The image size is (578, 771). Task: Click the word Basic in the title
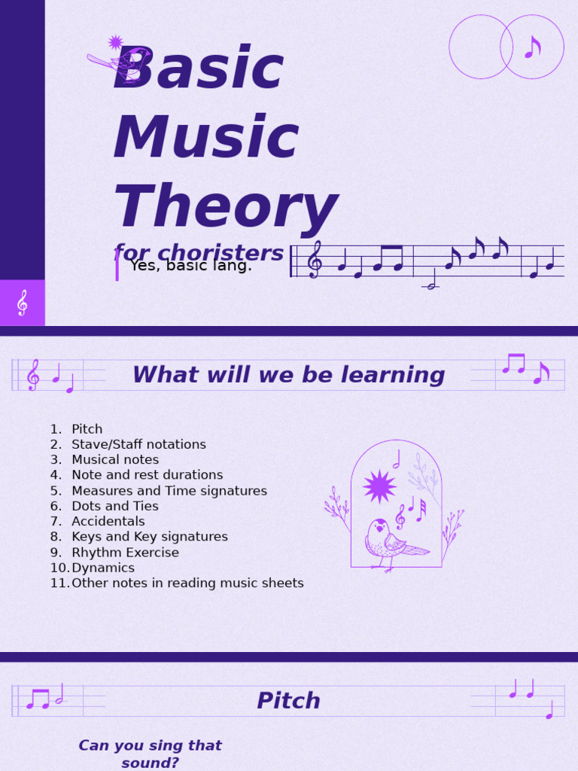coord(198,69)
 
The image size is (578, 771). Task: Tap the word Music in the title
coord(205,139)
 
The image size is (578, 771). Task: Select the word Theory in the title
coord(225,207)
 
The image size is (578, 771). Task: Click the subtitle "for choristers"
coord(199,253)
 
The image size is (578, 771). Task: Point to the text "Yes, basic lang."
coord(191,266)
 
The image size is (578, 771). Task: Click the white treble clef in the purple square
coord(22,303)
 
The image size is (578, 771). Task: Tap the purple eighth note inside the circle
coord(532,47)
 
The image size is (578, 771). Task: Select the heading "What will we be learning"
coord(288,375)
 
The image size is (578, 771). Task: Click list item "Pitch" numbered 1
coord(87,429)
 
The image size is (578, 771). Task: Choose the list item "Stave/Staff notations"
coord(138,445)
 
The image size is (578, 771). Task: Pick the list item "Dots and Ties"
coord(114,506)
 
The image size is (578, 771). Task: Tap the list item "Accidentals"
coord(108,522)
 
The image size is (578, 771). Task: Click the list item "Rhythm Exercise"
coord(125,553)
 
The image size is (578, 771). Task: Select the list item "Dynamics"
coord(102,568)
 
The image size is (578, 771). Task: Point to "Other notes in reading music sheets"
coord(187,584)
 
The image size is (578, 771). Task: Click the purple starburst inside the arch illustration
coord(379,486)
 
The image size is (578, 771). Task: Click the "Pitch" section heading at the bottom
coord(288,701)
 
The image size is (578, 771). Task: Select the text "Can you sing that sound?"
coord(150,754)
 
